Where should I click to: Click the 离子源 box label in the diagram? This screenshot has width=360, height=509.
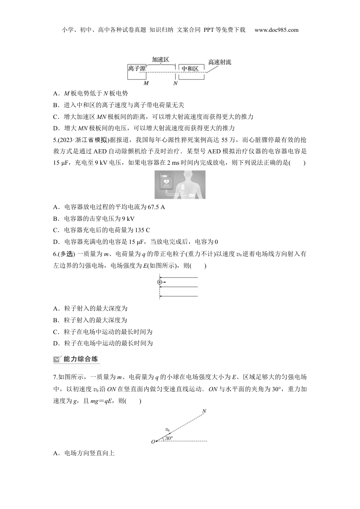tap(137, 69)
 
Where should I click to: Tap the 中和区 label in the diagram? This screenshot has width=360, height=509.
tap(190, 69)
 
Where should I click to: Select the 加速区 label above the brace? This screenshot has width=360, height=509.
tap(160, 59)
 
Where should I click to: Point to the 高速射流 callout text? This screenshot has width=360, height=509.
tap(219, 62)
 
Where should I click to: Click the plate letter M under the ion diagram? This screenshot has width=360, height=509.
tap(146, 83)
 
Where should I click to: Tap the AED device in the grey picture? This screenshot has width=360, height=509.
tap(166, 182)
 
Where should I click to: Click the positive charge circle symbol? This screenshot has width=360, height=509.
tap(160, 282)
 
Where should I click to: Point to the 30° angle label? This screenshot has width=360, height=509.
tap(169, 438)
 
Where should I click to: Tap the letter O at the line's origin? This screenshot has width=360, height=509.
tap(153, 442)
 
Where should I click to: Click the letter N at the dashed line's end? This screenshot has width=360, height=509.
tap(204, 411)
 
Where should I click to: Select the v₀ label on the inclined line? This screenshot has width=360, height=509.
tap(167, 429)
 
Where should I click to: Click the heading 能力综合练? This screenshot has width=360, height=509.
tap(80, 359)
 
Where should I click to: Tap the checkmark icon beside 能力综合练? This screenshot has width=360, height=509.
tap(57, 359)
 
